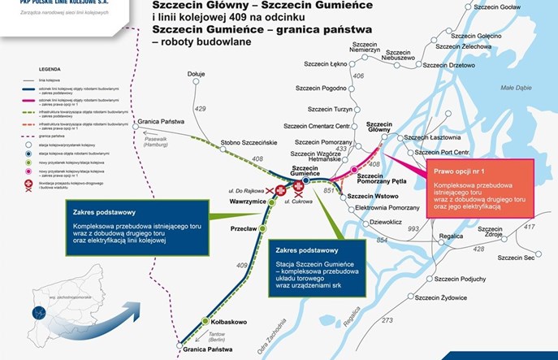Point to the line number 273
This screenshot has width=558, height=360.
387,320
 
